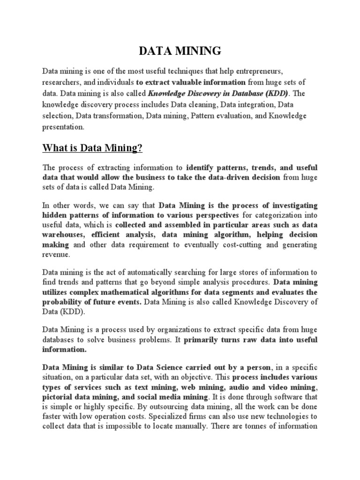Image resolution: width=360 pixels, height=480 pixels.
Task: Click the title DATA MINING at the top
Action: click(x=180, y=51)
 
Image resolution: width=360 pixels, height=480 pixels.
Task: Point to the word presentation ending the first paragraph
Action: click(x=64, y=127)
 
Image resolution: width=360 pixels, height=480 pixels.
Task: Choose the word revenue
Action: click(x=56, y=255)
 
